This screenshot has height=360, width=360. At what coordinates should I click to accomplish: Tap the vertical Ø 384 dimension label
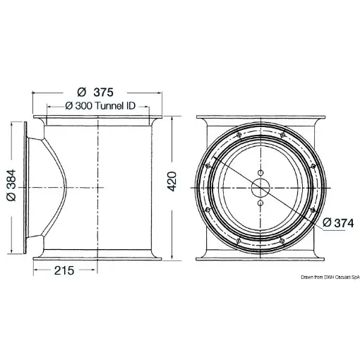[10, 187]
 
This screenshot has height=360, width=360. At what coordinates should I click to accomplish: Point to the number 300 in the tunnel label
[84, 106]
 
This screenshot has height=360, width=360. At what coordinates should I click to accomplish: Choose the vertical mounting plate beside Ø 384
[28, 188]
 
